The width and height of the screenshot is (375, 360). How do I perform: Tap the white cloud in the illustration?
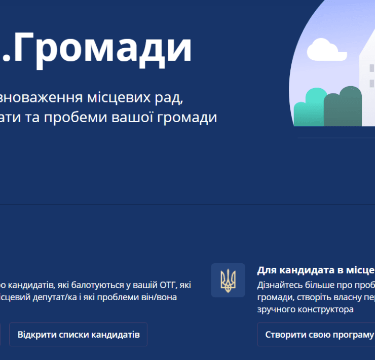pos(326,50)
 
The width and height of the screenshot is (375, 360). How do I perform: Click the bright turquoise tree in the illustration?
pos(310,107)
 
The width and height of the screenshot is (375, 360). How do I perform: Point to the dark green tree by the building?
pos(343,106)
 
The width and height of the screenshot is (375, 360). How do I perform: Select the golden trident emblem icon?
pos(228,280)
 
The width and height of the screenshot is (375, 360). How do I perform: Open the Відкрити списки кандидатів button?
pos(78,334)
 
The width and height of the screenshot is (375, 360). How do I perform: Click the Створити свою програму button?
pos(316,334)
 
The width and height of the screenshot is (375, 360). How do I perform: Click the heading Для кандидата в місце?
pos(316,270)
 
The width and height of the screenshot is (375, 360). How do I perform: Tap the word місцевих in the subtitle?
pos(119,97)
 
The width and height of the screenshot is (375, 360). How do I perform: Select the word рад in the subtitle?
pos(169,98)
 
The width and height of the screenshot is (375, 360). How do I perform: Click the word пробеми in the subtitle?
pos(76,118)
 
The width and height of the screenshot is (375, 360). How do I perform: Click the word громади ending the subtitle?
pos(187,118)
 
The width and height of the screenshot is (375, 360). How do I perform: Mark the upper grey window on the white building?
pos(371,68)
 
